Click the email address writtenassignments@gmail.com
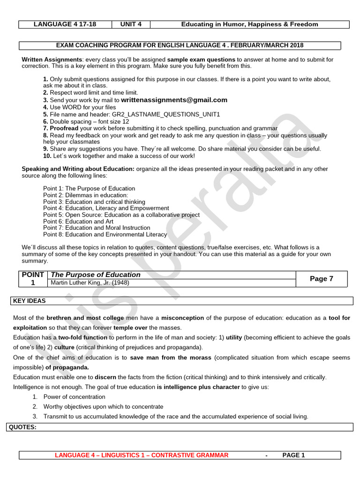174,100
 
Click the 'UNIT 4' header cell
131,24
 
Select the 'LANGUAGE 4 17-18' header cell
65,24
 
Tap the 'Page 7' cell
322,278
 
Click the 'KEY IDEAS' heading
30,300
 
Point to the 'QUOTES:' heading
23,427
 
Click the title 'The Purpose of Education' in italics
95,275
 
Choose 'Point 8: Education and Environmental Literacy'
105,234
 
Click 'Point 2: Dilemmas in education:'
85,195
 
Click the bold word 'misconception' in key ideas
182,318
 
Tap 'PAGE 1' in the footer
293,455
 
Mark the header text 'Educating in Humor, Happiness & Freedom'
249,24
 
